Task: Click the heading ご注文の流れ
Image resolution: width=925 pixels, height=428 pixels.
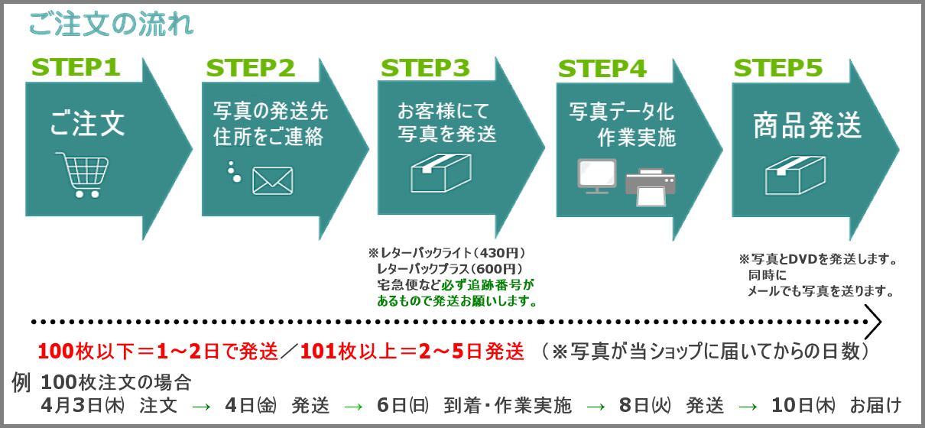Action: click(111, 24)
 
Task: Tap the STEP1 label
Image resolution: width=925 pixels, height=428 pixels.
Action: click(76, 67)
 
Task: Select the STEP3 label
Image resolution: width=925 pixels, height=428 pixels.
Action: click(425, 68)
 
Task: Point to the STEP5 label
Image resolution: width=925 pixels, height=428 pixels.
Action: click(778, 68)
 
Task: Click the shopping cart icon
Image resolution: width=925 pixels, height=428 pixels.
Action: click(83, 174)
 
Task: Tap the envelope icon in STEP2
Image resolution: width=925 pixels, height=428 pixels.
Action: click(273, 181)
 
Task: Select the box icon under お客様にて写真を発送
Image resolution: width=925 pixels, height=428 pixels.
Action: click(441, 173)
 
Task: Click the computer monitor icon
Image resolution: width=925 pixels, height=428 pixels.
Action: click(597, 177)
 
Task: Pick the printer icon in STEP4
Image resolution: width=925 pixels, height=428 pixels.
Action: click(651, 187)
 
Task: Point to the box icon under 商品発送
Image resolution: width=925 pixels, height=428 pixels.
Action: click(795, 175)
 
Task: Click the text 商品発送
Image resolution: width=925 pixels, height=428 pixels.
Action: click(807, 125)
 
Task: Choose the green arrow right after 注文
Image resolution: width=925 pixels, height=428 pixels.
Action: click(201, 407)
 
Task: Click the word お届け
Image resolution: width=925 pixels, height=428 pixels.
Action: click(875, 405)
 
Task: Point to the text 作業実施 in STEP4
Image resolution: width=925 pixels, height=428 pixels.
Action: click(636, 138)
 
